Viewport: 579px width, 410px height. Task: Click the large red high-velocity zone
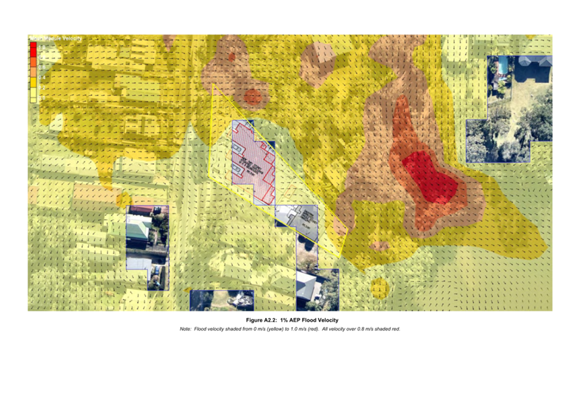pyautogui.click(x=430, y=177)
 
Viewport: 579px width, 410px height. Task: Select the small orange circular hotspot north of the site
pyautogui.click(x=253, y=98)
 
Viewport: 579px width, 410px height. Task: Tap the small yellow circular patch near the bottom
pyautogui.click(x=379, y=287)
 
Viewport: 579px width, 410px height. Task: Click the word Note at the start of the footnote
pyautogui.click(x=185, y=329)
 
